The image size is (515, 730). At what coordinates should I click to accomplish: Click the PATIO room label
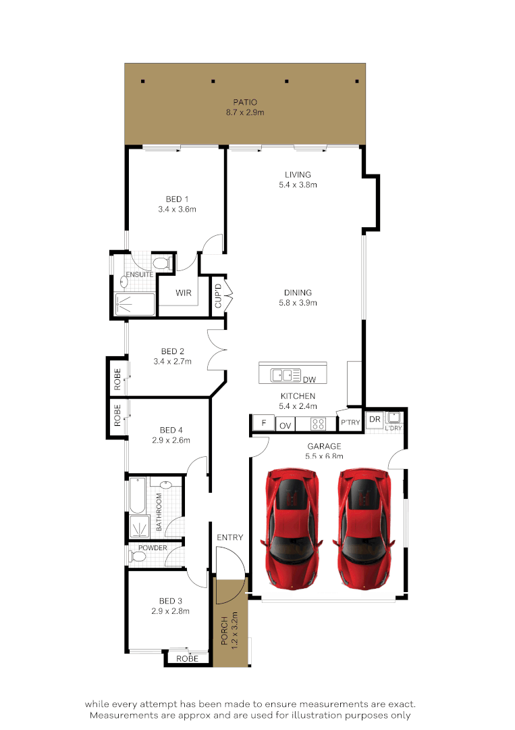(245, 102)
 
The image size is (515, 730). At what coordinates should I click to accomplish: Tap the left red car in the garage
(292, 527)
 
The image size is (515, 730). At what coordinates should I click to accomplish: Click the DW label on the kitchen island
(310, 380)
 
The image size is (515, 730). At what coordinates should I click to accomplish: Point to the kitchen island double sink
(286, 374)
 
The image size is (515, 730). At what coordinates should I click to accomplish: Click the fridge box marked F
(263, 424)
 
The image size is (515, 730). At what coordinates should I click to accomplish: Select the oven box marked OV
(286, 425)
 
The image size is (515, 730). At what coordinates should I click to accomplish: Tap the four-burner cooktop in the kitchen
(318, 424)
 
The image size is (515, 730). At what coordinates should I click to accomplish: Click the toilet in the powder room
(138, 557)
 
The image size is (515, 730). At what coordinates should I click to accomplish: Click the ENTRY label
(229, 537)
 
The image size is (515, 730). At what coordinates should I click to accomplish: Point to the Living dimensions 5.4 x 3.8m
(298, 185)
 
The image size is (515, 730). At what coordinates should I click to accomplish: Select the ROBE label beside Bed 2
(117, 378)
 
